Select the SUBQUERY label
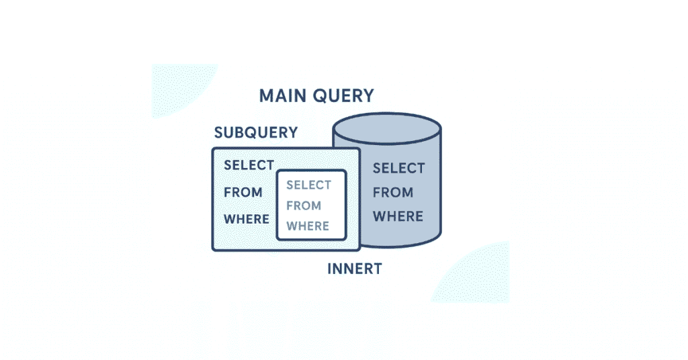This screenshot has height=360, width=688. point(255,133)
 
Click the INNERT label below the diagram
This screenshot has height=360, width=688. point(354,269)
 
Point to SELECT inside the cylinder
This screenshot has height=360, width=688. point(398,168)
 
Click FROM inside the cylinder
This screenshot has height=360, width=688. point(393,193)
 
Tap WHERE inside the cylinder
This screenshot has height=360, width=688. point(398,216)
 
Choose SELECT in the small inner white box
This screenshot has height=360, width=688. point(309,185)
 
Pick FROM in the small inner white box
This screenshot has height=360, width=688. point(304,206)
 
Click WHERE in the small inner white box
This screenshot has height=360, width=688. point(308,226)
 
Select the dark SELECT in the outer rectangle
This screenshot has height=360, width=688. point(249,165)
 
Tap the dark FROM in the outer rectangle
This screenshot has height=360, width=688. point(243,193)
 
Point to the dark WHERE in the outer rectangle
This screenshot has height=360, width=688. point(247,219)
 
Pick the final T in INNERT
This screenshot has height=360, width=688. point(377,269)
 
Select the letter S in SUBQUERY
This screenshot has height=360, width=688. point(218,133)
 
